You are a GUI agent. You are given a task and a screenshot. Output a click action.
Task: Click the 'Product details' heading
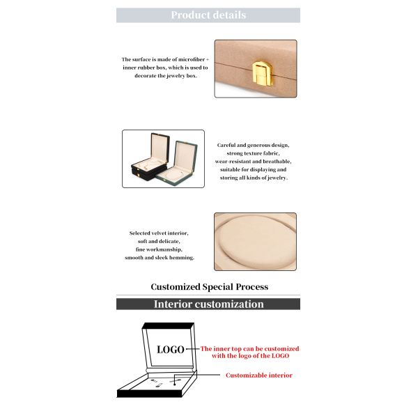[208, 15]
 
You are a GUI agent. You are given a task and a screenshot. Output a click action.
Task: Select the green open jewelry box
[178, 162]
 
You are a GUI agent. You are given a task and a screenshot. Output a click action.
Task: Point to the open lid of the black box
[160, 148]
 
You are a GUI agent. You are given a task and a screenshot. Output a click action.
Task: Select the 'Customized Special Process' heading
[209, 287]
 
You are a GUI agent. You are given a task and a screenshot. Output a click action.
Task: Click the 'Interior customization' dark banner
[208, 304]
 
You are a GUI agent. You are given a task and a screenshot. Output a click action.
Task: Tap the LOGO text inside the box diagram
[171, 350]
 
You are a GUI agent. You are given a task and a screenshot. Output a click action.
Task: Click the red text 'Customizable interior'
[259, 376]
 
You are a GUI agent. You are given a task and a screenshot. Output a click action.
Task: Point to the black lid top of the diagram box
[168, 326]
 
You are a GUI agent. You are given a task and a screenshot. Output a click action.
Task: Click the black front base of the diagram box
[150, 394]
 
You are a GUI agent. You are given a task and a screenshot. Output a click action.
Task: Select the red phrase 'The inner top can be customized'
[250, 349]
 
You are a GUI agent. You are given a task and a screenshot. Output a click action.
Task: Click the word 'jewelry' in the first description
[176, 76]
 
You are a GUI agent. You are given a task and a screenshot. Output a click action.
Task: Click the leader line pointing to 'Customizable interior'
[197, 375]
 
